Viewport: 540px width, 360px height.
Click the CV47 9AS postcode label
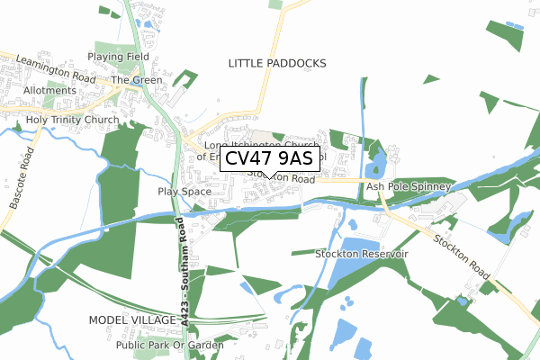coord(267,158)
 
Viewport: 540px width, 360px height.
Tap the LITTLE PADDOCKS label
coord(277,63)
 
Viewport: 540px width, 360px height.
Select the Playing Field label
coord(118,57)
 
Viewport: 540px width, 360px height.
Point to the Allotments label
coord(49,91)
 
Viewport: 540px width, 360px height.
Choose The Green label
coord(137,80)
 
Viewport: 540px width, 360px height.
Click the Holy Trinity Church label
coord(73,120)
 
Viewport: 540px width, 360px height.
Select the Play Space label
coord(184,192)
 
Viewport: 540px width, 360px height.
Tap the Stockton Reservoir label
coord(363,255)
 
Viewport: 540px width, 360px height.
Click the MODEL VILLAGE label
coord(132,320)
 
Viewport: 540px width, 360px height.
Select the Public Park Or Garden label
coord(169,345)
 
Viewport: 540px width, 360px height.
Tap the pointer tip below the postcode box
coord(267,175)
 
